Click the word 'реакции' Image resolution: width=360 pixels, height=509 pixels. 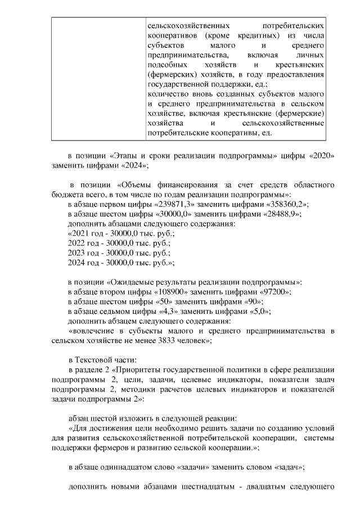point(209,418)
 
